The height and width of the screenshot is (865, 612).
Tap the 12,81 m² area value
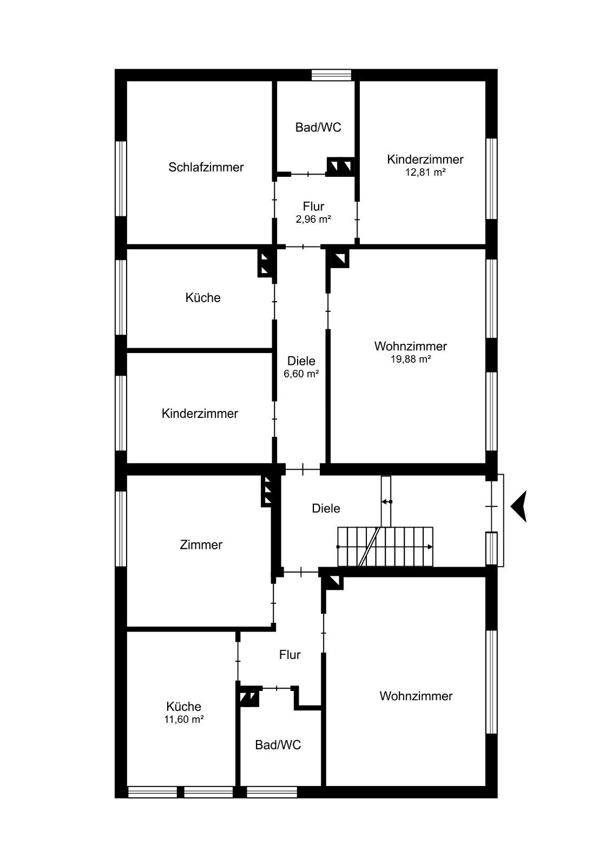pyautogui.click(x=425, y=172)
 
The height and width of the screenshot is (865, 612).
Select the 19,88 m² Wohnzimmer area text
pyautogui.click(x=410, y=359)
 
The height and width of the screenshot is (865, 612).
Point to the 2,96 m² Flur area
pyautogui.click(x=313, y=219)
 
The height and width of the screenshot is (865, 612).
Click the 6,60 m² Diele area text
pyautogui.click(x=301, y=374)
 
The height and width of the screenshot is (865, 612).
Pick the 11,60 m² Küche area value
pyautogui.click(x=183, y=720)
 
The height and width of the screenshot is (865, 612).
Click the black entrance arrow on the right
pyautogui.click(x=518, y=506)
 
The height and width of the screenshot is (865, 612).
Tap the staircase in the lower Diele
pyautogui.click(x=385, y=547)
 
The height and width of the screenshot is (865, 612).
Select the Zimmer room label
pyautogui.click(x=201, y=545)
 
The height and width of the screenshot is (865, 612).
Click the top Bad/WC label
pyautogui.click(x=318, y=128)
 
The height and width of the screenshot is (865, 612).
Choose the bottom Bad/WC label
pyautogui.click(x=278, y=745)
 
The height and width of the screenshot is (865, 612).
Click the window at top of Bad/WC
pyautogui.click(x=331, y=75)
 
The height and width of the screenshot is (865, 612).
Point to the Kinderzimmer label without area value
pyautogui.click(x=200, y=414)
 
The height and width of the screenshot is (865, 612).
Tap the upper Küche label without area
pyautogui.click(x=203, y=298)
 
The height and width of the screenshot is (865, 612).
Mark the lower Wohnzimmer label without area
pyautogui.click(x=416, y=696)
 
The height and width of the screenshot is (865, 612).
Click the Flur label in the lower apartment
pyautogui.click(x=289, y=655)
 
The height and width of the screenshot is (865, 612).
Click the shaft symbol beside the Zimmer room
pyautogui.click(x=267, y=490)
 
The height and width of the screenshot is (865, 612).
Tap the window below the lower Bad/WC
pyautogui.click(x=272, y=792)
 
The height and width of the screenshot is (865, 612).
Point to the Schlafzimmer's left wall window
pyautogui.click(x=121, y=178)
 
